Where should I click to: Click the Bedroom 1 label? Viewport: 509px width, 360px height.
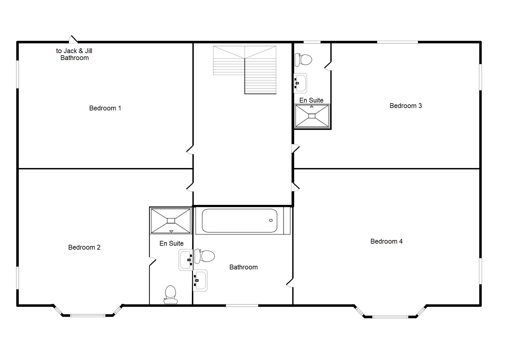pyautogui.click(x=105, y=108)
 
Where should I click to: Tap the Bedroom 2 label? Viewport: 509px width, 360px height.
pyautogui.click(x=84, y=247)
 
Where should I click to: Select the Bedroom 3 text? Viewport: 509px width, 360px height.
pyautogui.click(x=405, y=106)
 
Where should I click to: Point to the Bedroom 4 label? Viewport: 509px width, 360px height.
pyautogui.click(x=386, y=241)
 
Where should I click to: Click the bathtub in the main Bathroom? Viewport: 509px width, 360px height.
pyautogui.click(x=239, y=221)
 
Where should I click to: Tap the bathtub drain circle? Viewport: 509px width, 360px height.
pyautogui.click(x=271, y=220)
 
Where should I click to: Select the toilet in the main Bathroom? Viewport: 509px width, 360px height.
pyautogui.click(x=205, y=256)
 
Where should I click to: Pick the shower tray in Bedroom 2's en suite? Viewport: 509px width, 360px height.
pyautogui.click(x=171, y=221)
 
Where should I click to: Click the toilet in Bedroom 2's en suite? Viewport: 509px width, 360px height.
pyautogui.click(x=170, y=294)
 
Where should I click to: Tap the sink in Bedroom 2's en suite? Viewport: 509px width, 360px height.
pyautogui.click(x=186, y=260)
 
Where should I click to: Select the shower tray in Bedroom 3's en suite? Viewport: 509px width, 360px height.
pyautogui.click(x=312, y=116)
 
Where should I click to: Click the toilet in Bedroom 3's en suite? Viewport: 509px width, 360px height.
pyautogui.click(x=304, y=60)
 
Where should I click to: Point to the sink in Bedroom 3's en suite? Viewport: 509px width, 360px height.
pyautogui.click(x=300, y=83)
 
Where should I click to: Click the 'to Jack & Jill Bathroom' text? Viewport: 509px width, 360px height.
pyautogui.click(x=74, y=54)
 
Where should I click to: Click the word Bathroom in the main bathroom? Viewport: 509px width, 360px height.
pyautogui.click(x=243, y=267)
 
